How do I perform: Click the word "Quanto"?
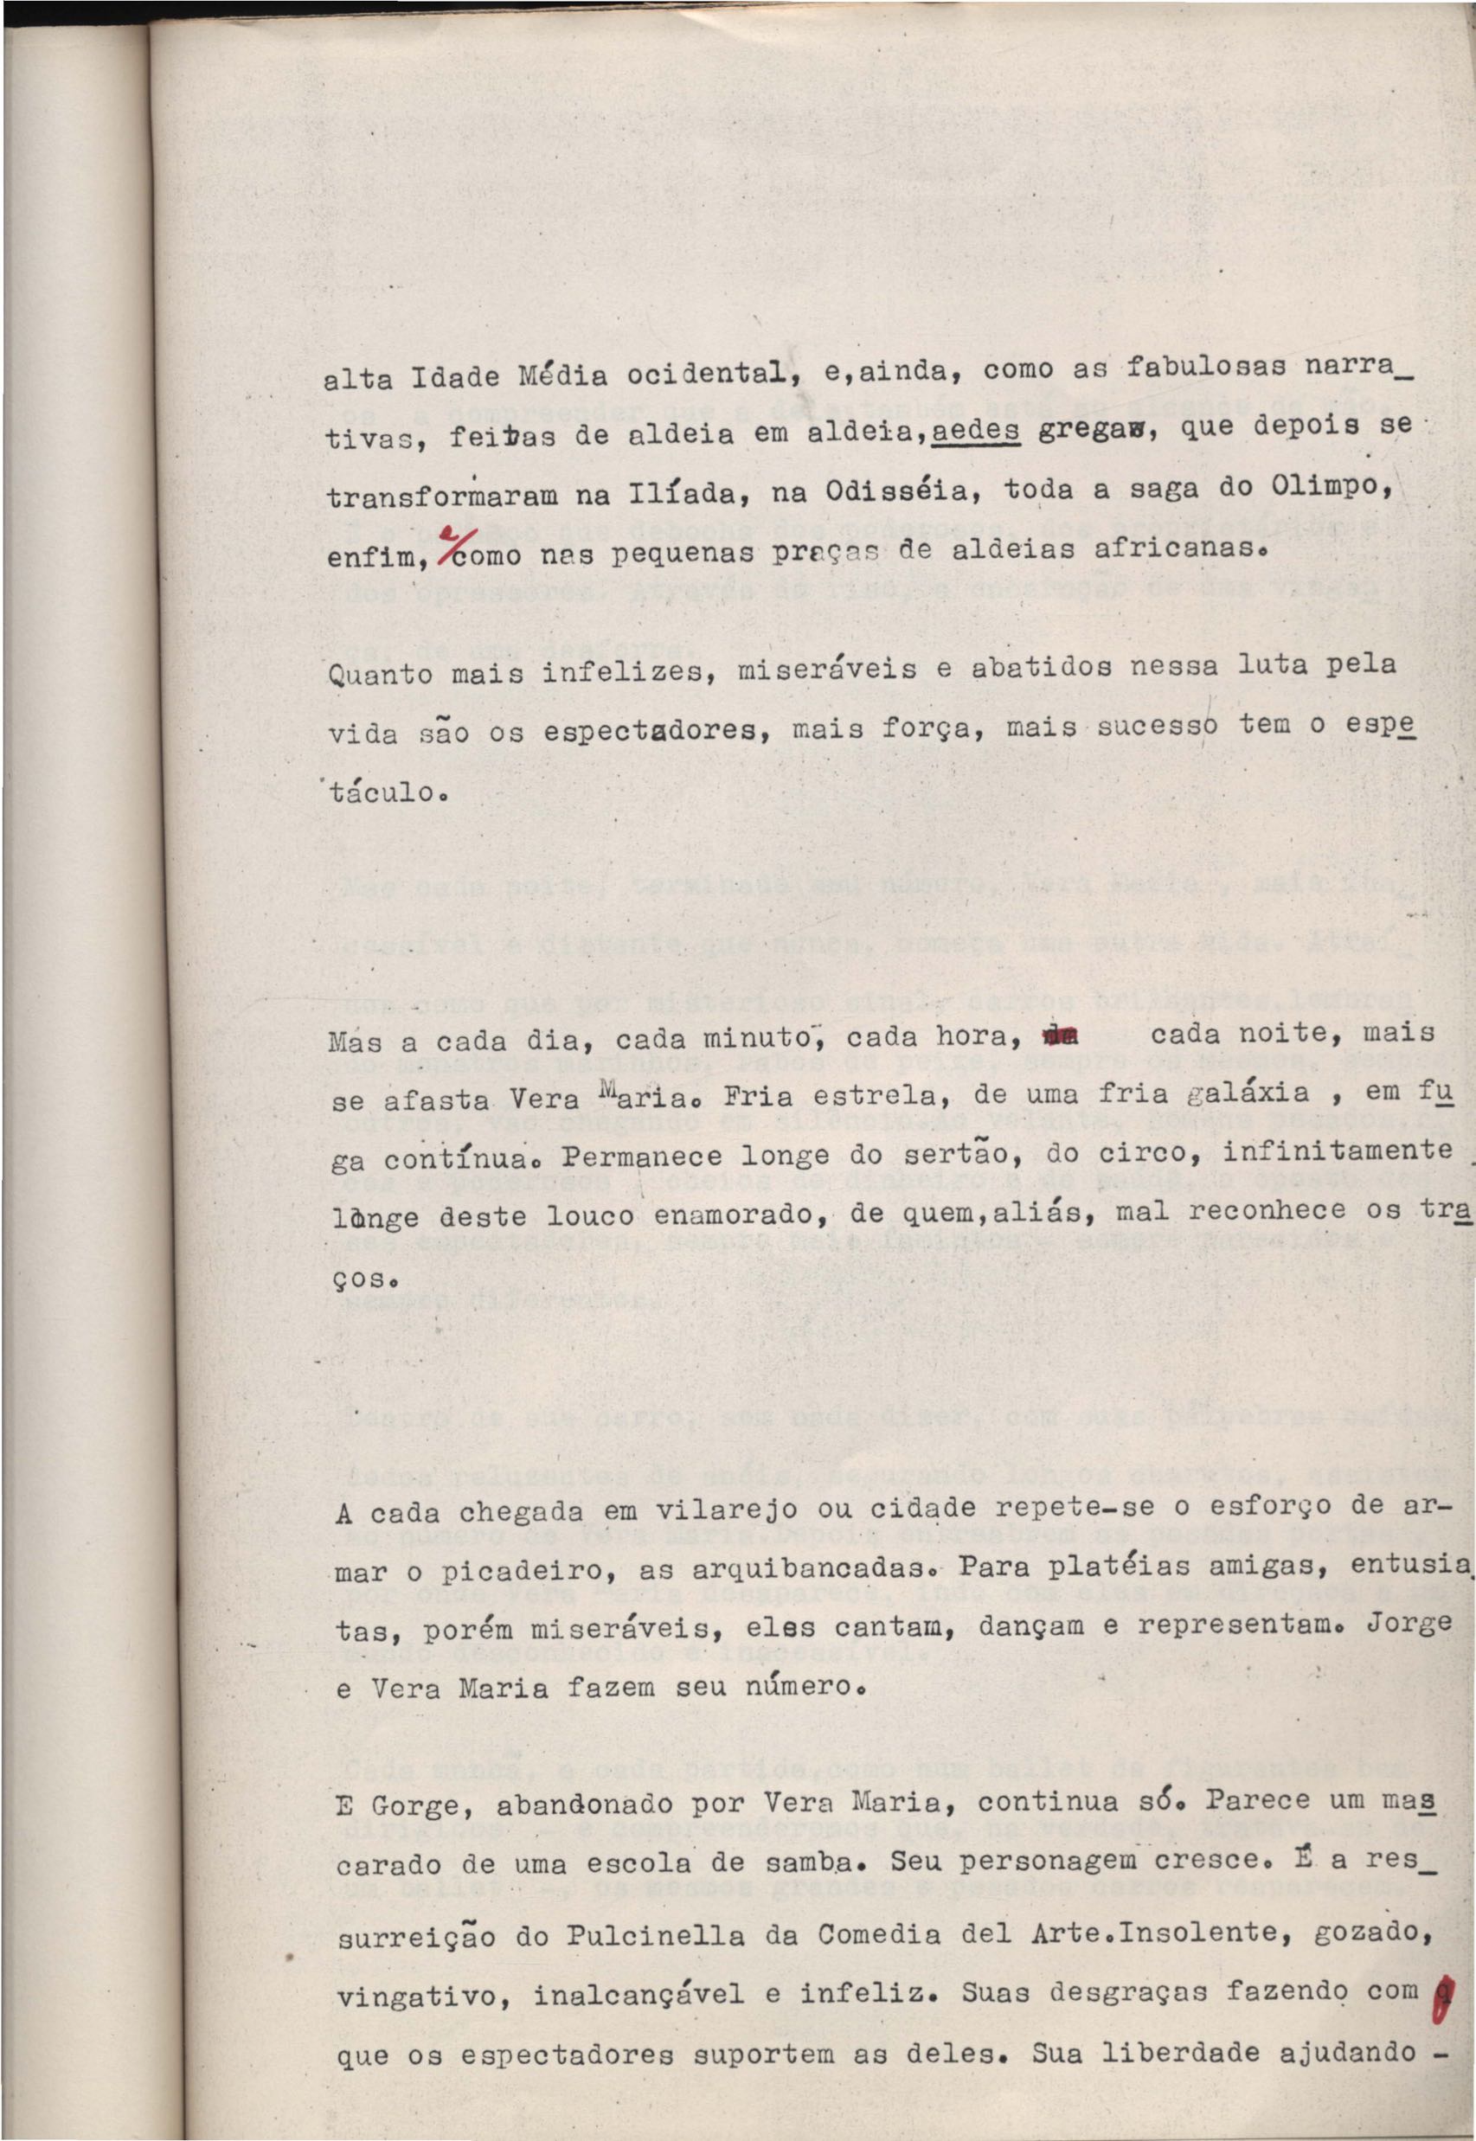[379, 672]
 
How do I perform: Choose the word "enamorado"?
[716, 1212]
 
